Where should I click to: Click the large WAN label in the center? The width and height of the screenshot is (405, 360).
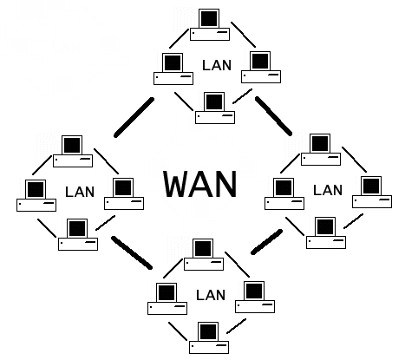pyautogui.click(x=200, y=183)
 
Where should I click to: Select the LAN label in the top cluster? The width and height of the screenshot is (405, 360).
pyautogui.click(x=216, y=64)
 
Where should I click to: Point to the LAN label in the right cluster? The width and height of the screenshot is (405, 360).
pyautogui.click(x=327, y=189)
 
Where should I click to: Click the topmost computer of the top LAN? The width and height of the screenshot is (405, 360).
pyautogui.click(x=209, y=23)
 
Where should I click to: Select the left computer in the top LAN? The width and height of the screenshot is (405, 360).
pyautogui.click(x=173, y=68)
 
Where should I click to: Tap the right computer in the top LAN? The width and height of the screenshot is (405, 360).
pyautogui.click(x=260, y=68)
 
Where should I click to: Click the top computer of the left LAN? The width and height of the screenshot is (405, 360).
pyautogui.click(x=73, y=150)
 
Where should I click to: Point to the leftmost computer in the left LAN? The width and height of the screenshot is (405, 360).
pyautogui.click(x=36, y=195)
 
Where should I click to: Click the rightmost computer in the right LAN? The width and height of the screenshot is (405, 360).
pyautogui.click(x=370, y=191)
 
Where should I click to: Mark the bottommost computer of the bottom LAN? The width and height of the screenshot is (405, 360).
pyautogui.click(x=209, y=337)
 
